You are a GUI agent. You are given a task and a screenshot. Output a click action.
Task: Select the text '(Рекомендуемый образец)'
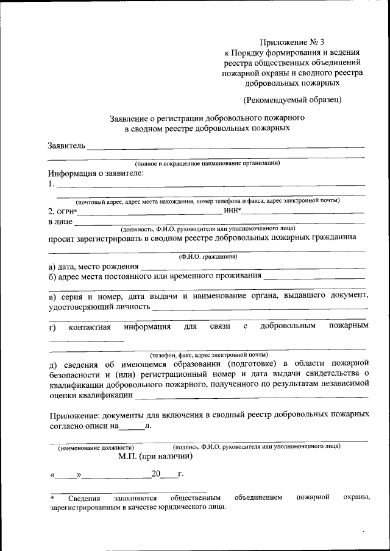click(x=292, y=99)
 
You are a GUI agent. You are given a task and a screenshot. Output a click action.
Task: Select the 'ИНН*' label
click(x=233, y=211)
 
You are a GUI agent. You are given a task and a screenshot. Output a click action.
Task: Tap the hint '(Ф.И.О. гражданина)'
click(x=208, y=257)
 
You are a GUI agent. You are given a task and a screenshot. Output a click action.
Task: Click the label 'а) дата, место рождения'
click(x=93, y=266)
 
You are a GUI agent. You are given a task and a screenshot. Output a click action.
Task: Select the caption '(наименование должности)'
click(x=96, y=447)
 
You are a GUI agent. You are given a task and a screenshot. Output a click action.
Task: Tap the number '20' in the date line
click(x=157, y=473)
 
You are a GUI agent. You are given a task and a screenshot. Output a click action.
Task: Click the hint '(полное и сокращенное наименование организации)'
click(x=207, y=163)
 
